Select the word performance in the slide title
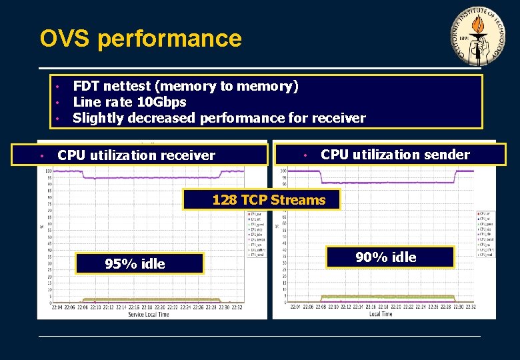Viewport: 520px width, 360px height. click(169, 38)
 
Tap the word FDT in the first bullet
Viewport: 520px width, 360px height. click(85, 86)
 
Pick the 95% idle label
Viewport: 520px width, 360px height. click(135, 264)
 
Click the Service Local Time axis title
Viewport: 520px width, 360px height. click(149, 314)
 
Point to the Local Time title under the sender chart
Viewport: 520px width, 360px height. click(380, 313)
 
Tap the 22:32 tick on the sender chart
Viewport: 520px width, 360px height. click(469, 307)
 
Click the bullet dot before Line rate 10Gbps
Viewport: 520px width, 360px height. click(59, 103)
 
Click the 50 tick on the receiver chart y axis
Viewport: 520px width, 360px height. click(48, 238)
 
